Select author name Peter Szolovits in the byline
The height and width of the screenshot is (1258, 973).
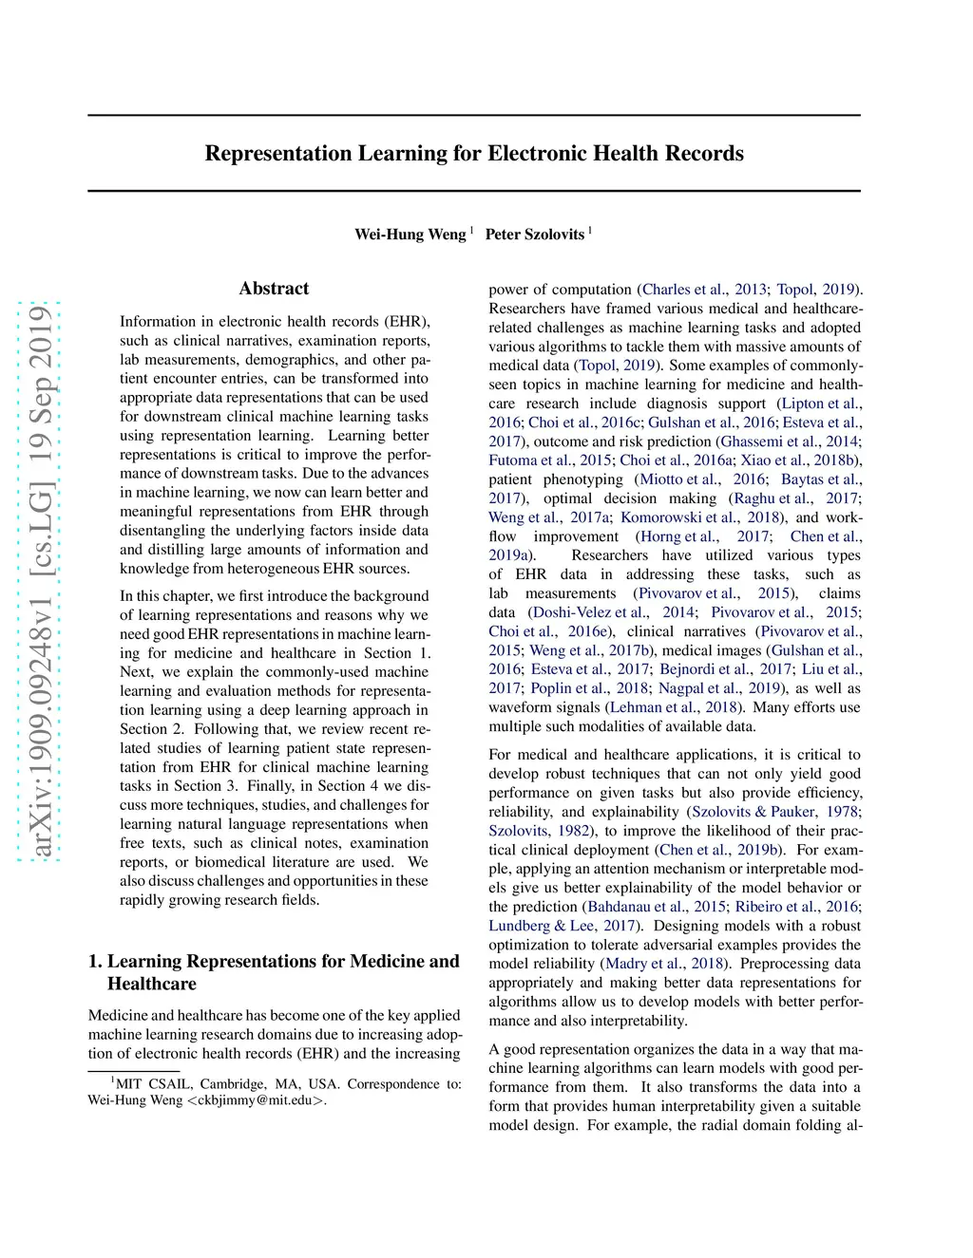pyautogui.click(x=535, y=235)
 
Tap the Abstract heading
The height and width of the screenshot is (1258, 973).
pyautogui.click(x=274, y=289)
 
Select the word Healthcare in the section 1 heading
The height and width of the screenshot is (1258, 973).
pyautogui.click(x=152, y=984)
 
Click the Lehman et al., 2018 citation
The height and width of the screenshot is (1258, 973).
pyautogui.click(x=674, y=707)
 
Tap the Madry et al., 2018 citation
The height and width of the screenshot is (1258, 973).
pyautogui.click(x=665, y=964)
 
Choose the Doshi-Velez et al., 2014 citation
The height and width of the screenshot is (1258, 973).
pyautogui.click(x=612, y=612)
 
